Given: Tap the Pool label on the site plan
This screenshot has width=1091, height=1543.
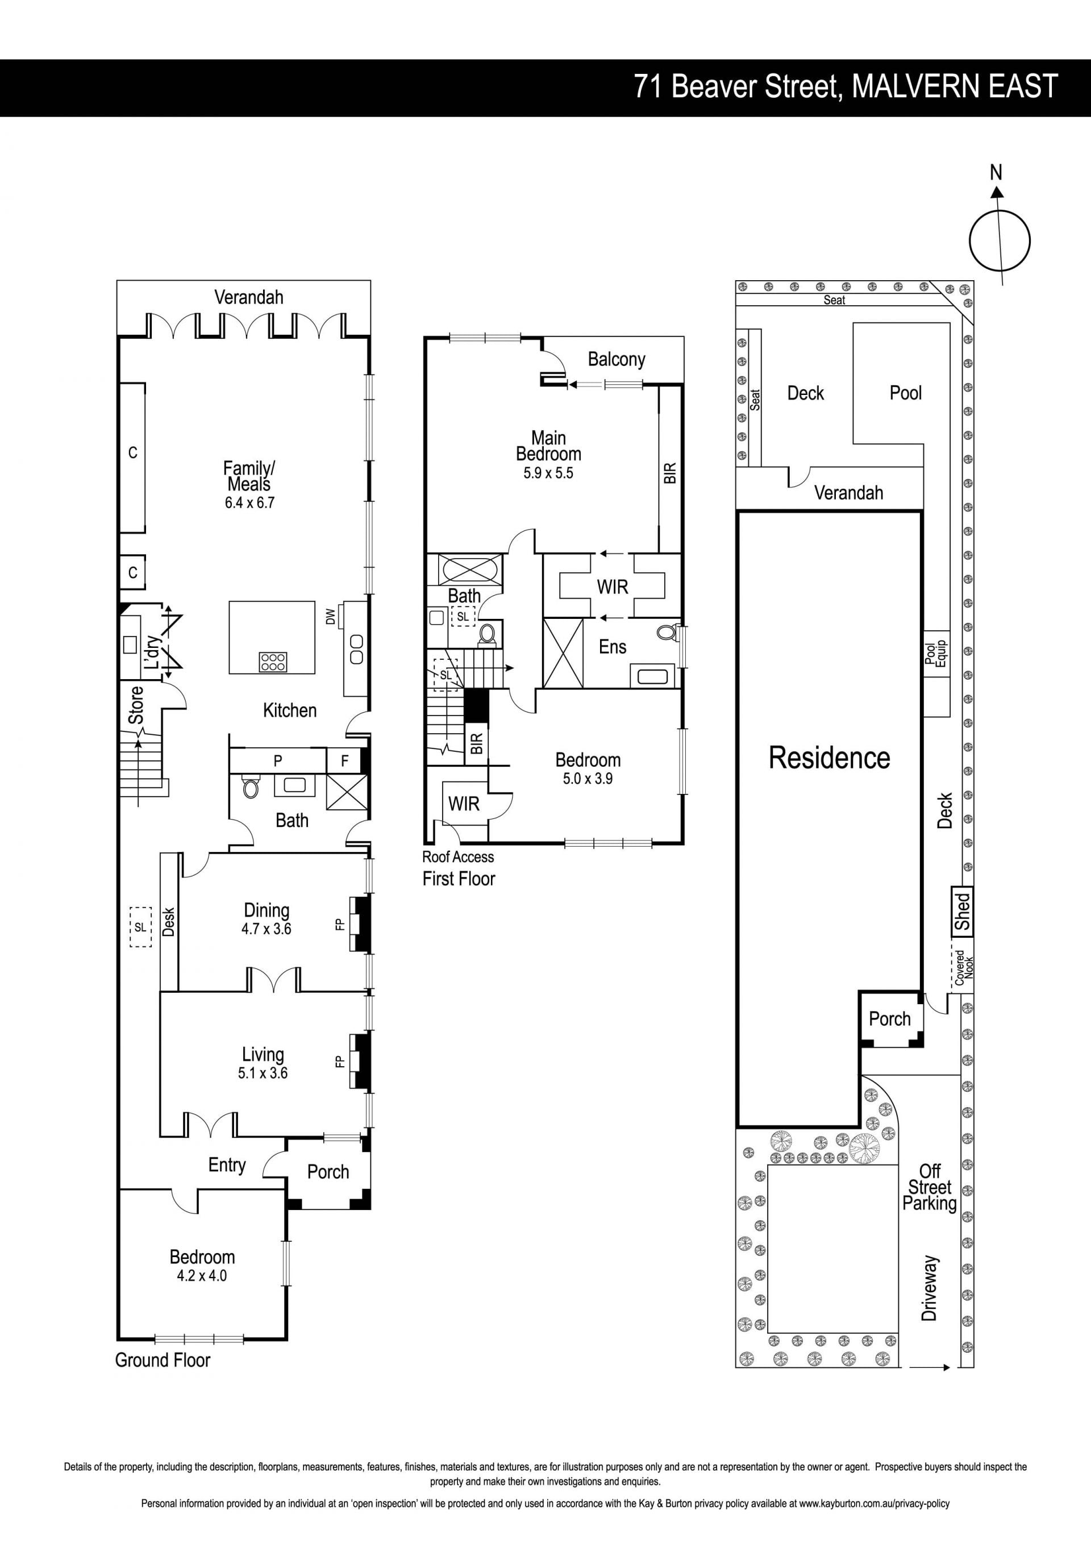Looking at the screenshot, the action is [x=905, y=393].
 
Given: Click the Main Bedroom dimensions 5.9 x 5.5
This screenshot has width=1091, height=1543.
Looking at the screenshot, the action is [x=548, y=473].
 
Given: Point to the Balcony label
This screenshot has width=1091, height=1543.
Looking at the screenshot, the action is [x=616, y=360].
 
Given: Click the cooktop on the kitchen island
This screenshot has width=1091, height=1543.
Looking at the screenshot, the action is [x=273, y=662].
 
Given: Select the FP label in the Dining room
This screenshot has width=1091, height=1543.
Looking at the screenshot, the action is [x=340, y=924].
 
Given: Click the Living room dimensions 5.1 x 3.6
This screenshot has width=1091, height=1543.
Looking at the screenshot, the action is [x=263, y=1073].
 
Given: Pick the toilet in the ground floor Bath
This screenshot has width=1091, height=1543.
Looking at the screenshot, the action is [x=251, y=788].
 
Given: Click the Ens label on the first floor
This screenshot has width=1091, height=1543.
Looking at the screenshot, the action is [x=612, y=647].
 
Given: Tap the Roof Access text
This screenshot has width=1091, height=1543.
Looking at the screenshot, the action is [x=457, y=857].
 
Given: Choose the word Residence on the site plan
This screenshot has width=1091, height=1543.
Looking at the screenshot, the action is [x=829, y=758].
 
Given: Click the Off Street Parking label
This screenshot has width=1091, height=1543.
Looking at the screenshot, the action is [x=930, y=1187].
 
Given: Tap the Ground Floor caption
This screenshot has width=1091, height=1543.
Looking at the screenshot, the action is [x=163, y=1360].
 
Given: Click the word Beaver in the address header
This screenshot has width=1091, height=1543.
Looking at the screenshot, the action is [x=713, y=87].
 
